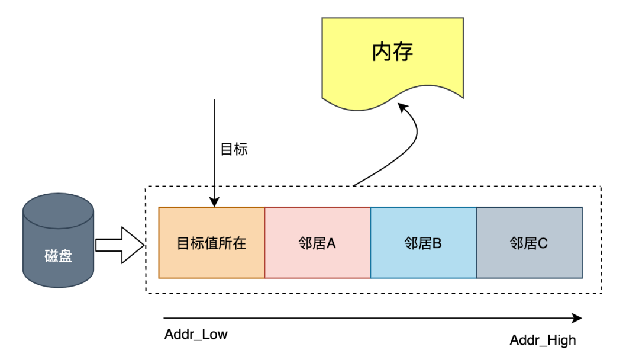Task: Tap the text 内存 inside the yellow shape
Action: pos(392,52)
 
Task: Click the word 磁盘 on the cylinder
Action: pos(58,256)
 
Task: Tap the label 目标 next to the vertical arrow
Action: pos(234,149)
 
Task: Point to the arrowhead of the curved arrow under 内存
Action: pos(402,108)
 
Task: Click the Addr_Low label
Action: pos(196,335)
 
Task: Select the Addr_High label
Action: pos(543,340)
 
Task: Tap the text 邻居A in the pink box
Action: pos(317,243)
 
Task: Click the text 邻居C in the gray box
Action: pos(529,243)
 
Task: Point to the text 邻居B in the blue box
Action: pos(423,243)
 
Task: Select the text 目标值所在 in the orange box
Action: pos(211,243)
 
